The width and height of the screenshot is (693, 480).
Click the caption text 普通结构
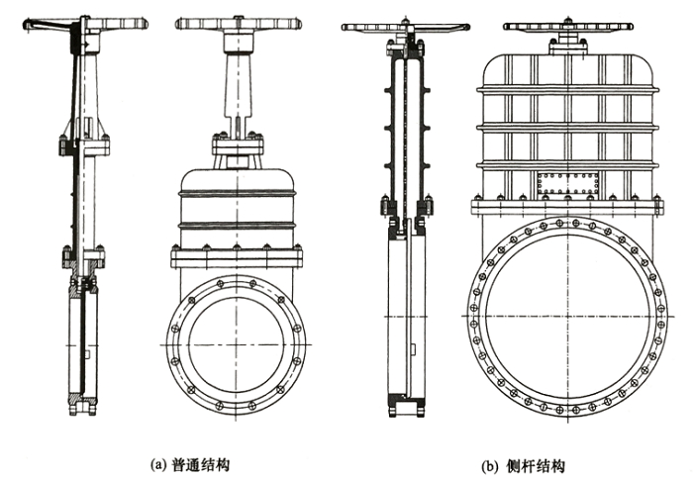point(205,461)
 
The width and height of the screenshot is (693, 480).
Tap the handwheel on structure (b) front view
point(567,30)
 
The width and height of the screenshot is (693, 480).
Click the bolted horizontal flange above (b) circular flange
point(567,207)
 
